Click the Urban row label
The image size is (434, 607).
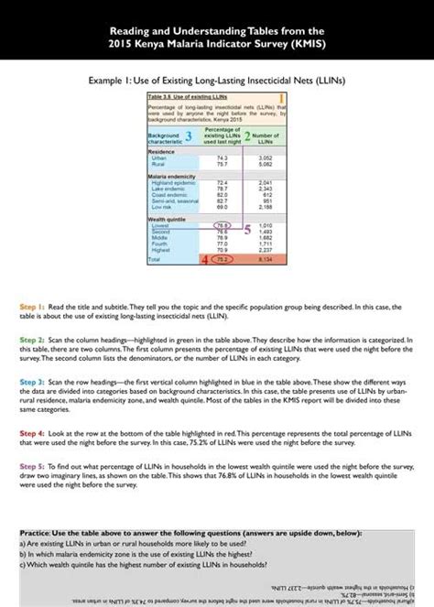point(158,157)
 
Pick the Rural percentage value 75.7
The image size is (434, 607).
point(222,164)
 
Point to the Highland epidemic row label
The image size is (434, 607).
point(170,183)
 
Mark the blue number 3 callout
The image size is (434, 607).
point(189,135)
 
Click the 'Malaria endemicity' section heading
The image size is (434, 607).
point(170,177)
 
